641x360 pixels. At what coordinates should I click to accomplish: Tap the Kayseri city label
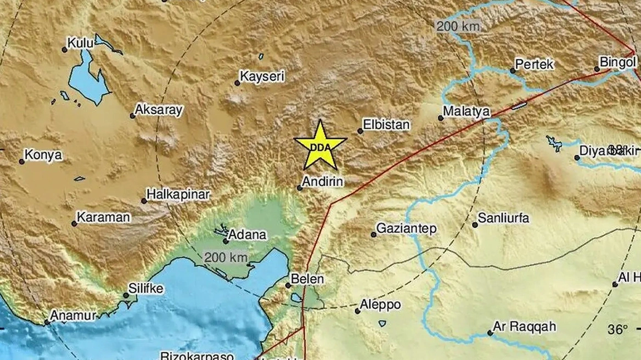(263, 77)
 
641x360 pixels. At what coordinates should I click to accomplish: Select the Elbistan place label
(387, 125)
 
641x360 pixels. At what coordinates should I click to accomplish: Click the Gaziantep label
(407, 228)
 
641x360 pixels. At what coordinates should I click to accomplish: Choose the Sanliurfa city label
(503, 218)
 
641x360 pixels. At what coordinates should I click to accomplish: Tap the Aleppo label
(380, 305)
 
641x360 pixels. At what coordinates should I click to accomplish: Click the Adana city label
(247, 235)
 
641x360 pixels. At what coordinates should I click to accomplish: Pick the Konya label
(44, 155)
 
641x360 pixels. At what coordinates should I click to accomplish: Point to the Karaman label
(103, 217)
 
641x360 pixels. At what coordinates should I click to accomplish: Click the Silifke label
(145, 289)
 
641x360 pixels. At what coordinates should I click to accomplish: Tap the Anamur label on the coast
(73, 316)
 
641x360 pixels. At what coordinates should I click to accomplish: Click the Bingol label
(617, 62)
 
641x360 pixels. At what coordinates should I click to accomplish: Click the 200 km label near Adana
(226, 257)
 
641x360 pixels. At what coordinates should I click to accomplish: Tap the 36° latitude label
(617, 330)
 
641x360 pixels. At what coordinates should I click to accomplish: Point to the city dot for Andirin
(300, 188)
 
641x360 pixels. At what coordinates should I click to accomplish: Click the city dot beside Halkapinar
(144, 201)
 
